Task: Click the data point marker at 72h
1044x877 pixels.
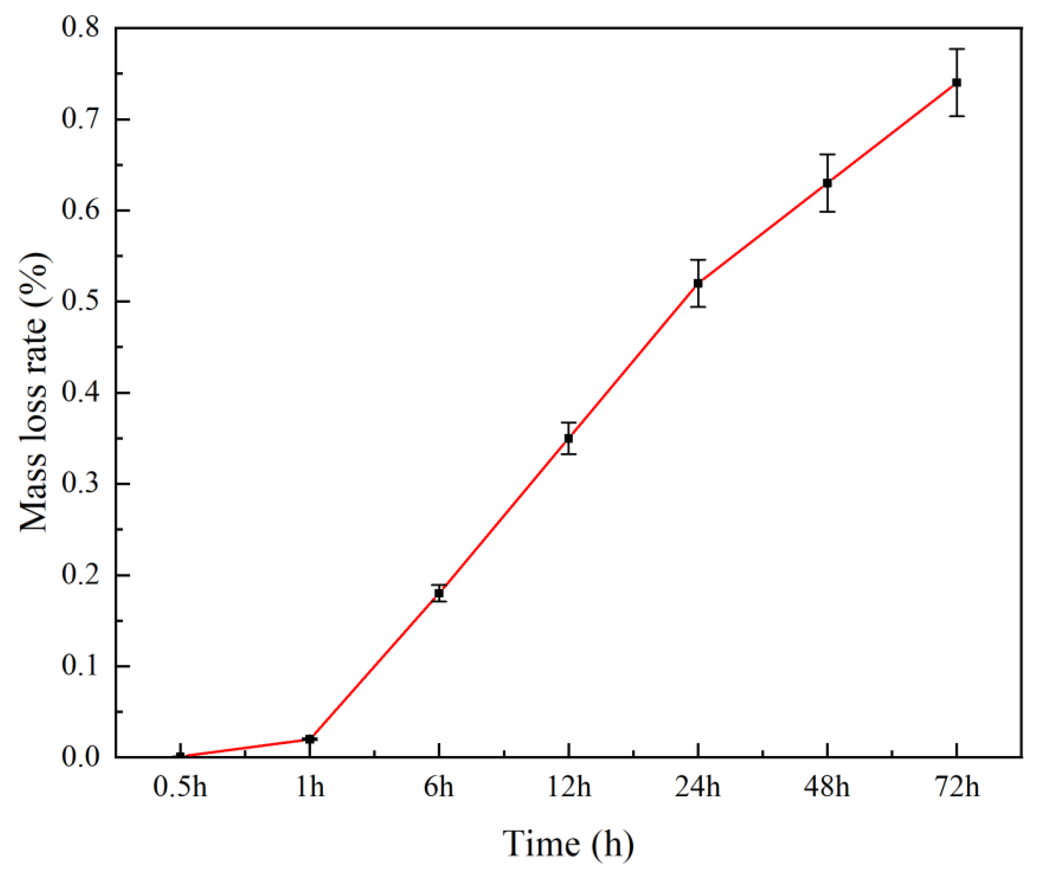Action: (956, 82)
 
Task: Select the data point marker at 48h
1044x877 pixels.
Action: (827, 183)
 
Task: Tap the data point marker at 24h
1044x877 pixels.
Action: (698, 283)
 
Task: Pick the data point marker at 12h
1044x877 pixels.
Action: (569, 438)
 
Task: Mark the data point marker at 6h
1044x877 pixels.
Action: (439, 593)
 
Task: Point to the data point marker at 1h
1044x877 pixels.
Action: (310, 739)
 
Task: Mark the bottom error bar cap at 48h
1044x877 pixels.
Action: (827, 212)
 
